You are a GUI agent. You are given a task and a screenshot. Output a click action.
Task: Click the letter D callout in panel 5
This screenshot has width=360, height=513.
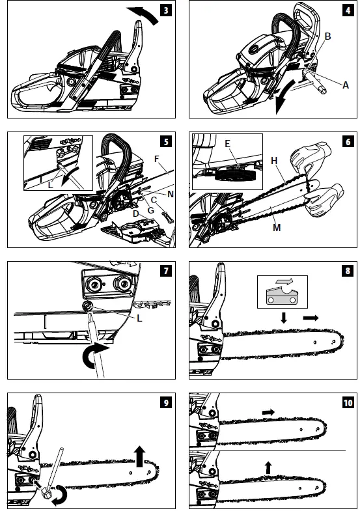pos(135,214)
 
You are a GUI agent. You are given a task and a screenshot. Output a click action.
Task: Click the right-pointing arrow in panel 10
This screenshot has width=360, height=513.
pos(268,411)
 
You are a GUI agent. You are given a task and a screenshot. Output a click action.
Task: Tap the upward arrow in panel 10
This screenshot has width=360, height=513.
pos(268,467)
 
